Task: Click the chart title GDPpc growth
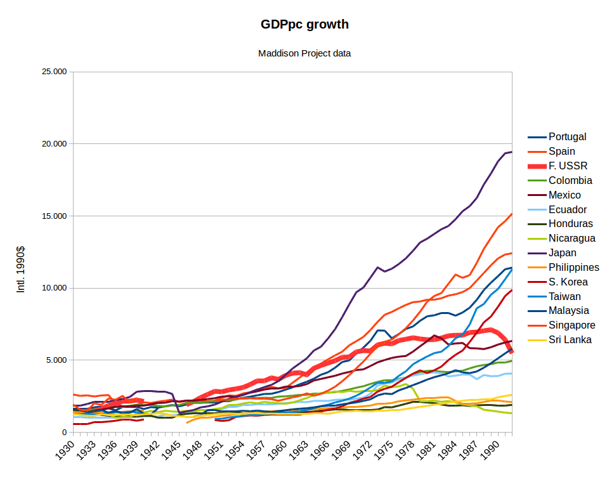tap(304, 25)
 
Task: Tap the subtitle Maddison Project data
tap(304, 53)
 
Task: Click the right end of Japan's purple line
tap(511, 152)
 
